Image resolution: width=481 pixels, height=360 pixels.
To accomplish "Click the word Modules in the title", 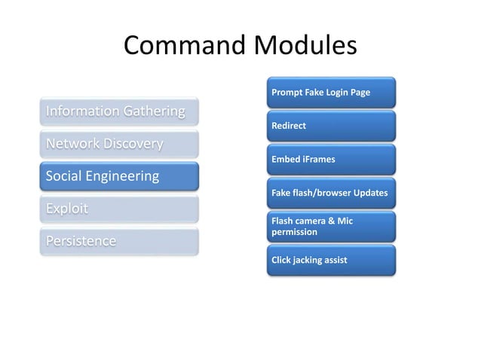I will (300, 46).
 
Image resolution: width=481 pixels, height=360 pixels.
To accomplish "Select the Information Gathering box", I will (119, 111).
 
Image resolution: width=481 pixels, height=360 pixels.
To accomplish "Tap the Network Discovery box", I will (119, 144).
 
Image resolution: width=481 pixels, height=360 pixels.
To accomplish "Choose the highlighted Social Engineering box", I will (119, 176).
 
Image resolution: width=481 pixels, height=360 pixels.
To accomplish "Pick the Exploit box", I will (119, 209).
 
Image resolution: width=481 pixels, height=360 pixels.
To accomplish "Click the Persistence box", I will (119, 241).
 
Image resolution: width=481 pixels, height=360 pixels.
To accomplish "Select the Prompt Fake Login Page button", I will (330, 92).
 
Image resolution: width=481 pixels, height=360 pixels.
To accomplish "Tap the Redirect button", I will (330, 126).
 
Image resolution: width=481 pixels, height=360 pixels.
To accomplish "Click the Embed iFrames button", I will (330, 159).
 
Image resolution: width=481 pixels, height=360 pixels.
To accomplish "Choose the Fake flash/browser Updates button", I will (330, 193).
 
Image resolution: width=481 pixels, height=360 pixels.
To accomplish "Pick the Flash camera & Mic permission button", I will (330, 226).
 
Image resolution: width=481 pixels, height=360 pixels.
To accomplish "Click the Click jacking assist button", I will (330, 260).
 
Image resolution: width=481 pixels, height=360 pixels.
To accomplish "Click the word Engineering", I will (122, 176).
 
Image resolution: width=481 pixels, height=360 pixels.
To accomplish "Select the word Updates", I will (369, 193).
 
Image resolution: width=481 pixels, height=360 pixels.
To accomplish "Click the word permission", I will (294, 232).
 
